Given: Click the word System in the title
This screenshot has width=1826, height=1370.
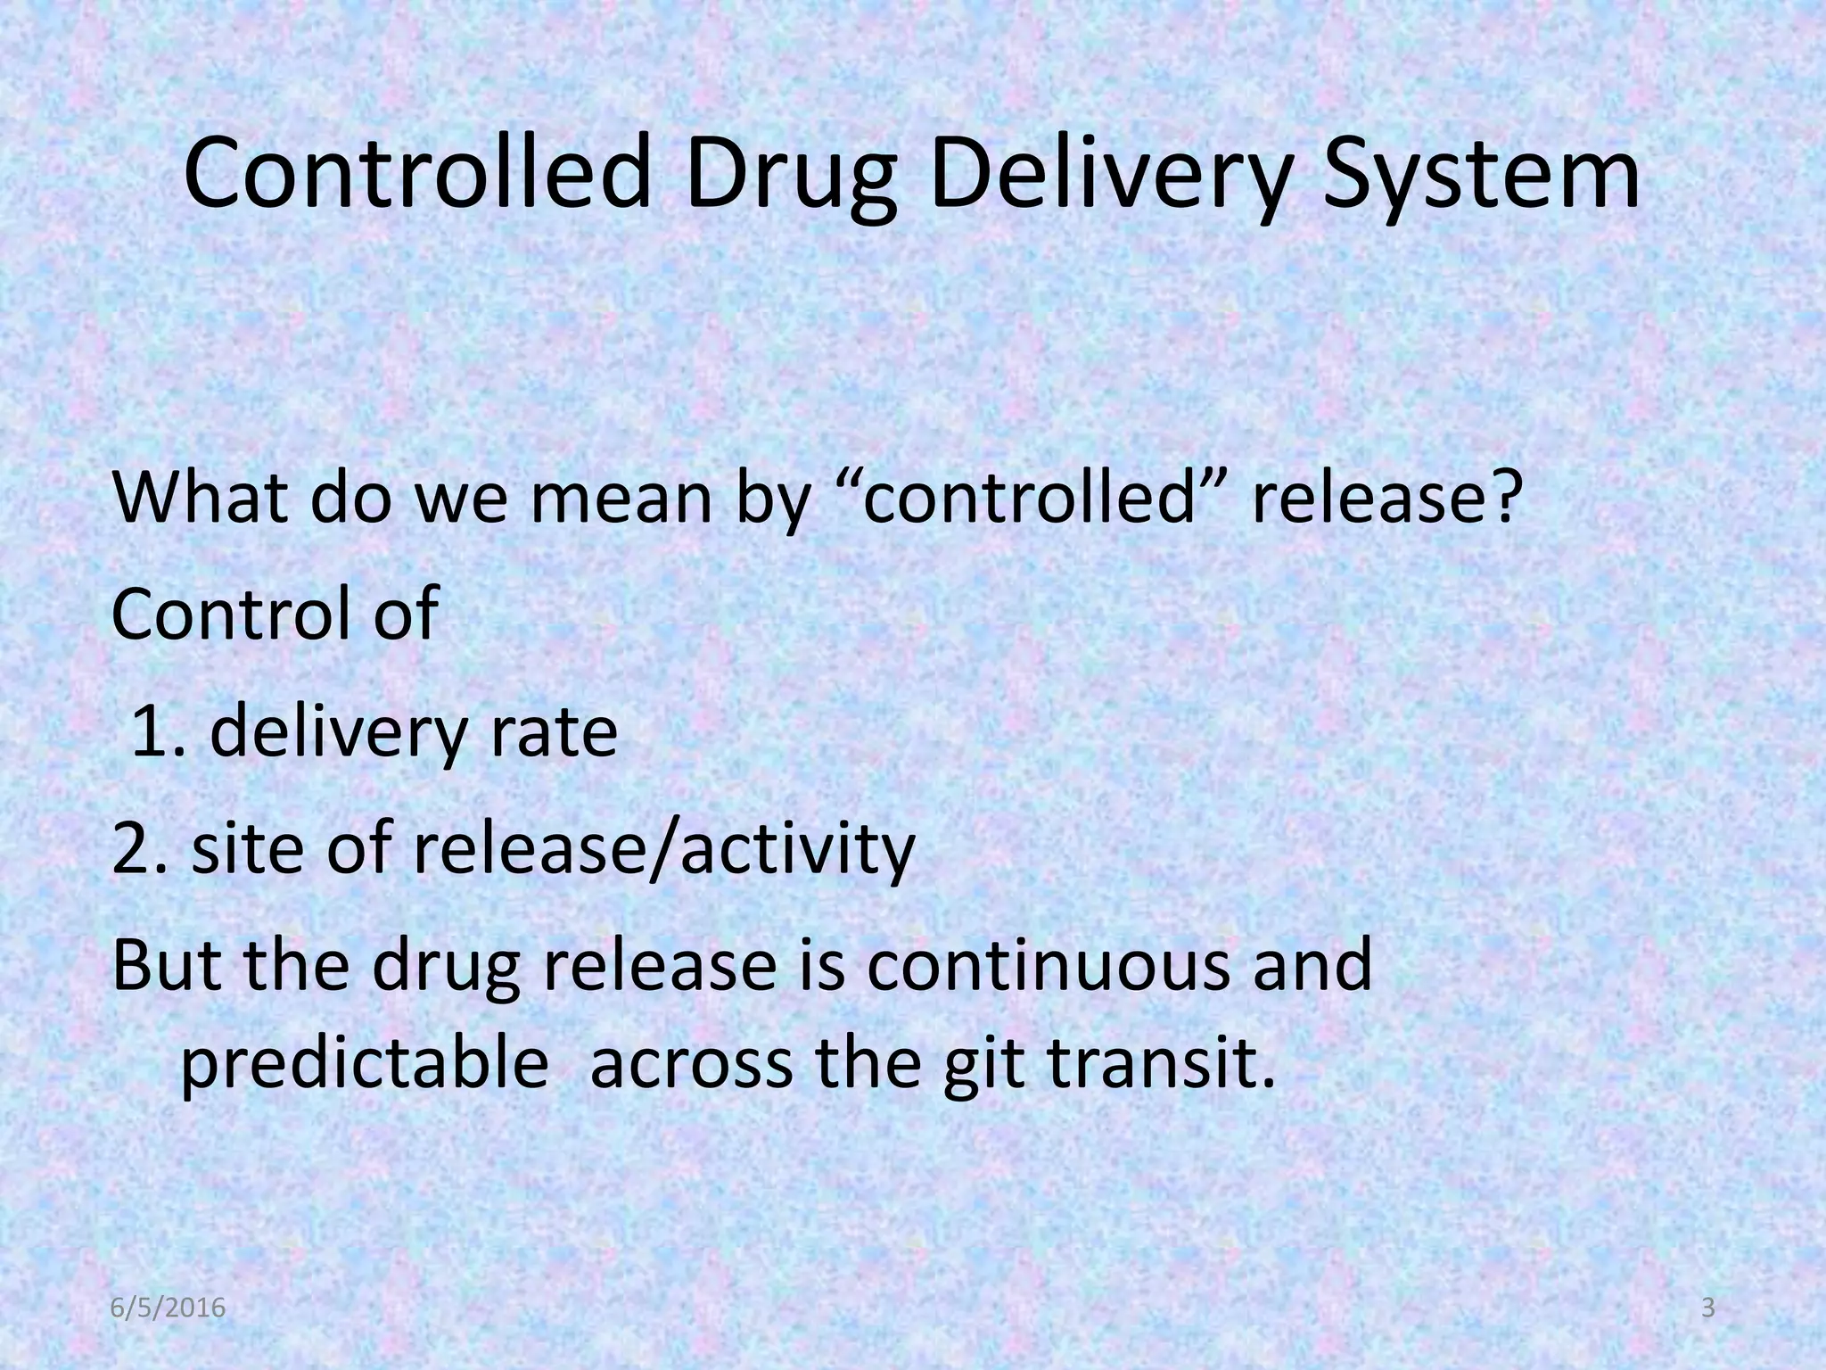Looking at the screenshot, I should tap(1480, 174).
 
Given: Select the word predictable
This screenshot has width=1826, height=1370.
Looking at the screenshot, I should tap(364, 1064).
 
